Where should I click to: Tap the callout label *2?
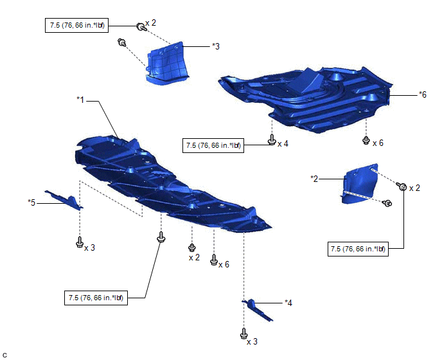click(x=315, y=178)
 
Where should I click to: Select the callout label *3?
click(x=216, y=46)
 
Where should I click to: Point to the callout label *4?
click(x=289, y=301)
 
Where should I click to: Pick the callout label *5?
click(x=31, y=202)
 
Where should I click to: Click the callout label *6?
click(x=422, y=94)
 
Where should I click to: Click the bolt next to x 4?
click(x=272, y=139)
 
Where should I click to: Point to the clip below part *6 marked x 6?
click(x=366, y=139)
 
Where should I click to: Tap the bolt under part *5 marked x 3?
click(x=79, y=242)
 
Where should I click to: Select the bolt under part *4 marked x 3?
click(x=243, y=334)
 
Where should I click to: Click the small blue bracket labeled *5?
click(x=64, y=199)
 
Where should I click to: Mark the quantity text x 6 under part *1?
click(x=224, y=264)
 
